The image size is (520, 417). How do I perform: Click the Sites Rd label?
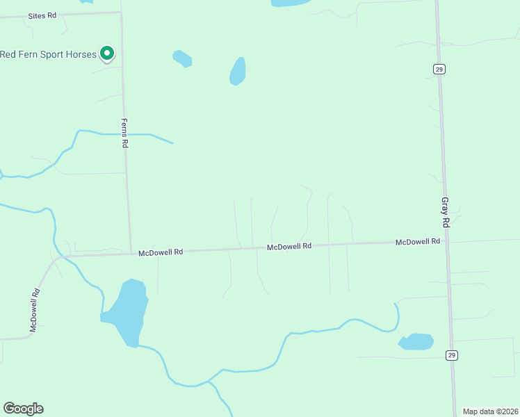point(42,15)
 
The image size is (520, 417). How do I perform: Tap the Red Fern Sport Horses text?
point(48,54)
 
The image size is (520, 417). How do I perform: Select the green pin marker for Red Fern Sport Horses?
point(106,53)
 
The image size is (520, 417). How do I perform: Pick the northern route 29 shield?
point(439,69)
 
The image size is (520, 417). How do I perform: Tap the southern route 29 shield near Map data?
point(451,355)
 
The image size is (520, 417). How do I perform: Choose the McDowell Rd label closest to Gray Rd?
point(418,242)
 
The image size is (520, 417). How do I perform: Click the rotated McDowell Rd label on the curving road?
point(34,309)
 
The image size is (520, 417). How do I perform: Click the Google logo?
point(23,409)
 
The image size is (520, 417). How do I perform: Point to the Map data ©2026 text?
point(490,411)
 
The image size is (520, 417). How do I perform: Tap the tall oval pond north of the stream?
point(238,72)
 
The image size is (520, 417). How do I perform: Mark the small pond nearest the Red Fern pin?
point(182,58)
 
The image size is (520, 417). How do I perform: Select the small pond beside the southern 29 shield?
point(416,342)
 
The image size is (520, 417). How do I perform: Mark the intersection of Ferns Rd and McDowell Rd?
point(131,253)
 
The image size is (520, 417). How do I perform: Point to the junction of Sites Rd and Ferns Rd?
point(122,13)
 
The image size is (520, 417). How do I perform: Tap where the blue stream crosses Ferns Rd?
point(126,133)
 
